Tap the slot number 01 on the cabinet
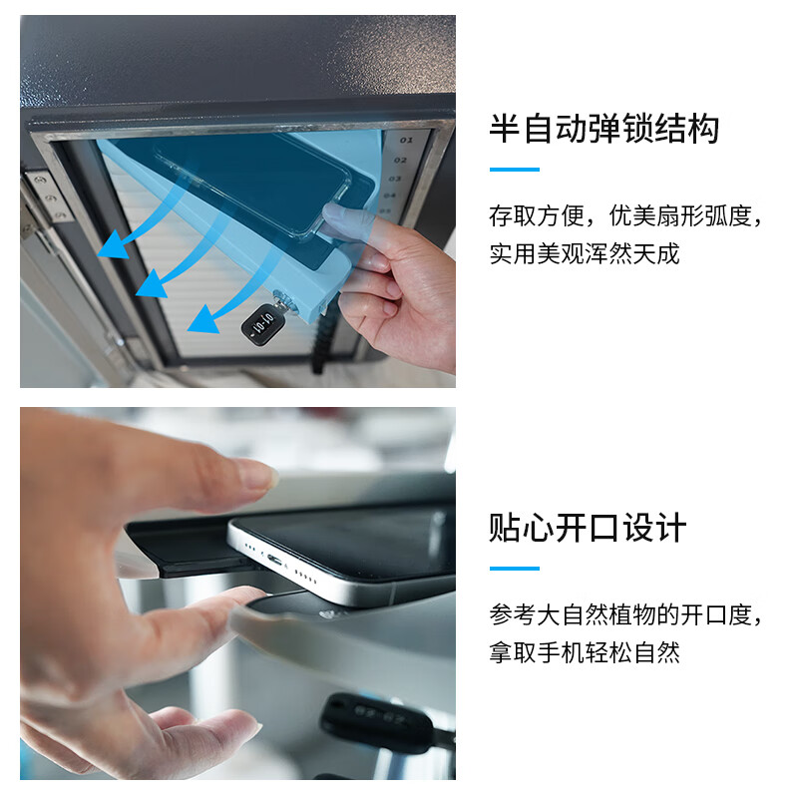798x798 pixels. point(406,140)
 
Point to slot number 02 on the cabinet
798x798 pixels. point(401,160)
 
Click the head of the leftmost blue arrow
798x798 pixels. point(112,244)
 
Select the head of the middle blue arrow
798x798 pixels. point(152,284)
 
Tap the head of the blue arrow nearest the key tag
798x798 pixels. point(202,319)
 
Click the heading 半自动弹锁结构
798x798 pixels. point(604,129)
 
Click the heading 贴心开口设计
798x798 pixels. point(588,528)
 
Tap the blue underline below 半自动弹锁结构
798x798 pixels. point(515,170)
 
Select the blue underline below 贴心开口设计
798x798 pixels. point(515,569)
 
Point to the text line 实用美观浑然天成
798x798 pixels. point(585,254)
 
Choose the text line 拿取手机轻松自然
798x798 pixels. point(585,653)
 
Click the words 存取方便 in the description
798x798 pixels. point(537,215)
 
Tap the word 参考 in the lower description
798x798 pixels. point(513,614)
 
